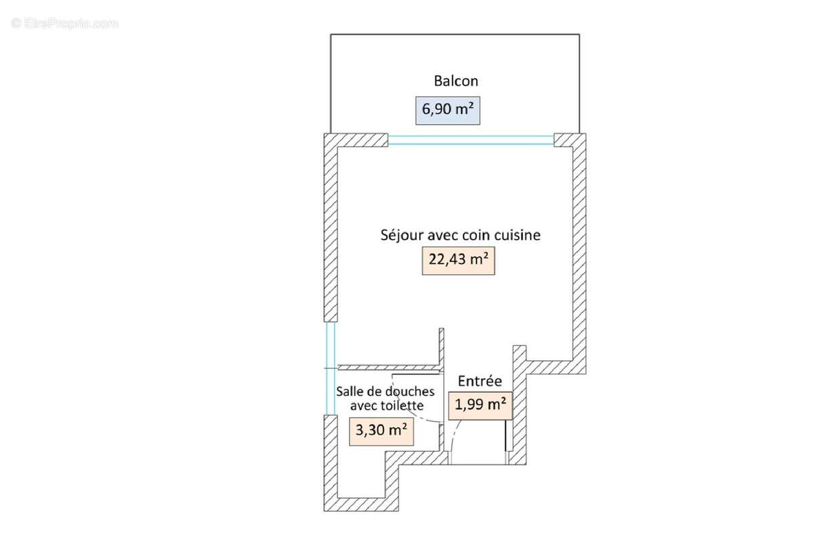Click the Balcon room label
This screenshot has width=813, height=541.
[456, 81]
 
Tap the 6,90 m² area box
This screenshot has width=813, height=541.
[448, 110]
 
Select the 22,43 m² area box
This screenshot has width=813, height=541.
[459, 261]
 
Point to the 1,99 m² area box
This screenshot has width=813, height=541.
[480, 406]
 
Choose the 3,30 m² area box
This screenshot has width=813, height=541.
[381, 431]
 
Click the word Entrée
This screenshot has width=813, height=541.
[480, 381]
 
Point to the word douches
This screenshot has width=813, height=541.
[410, 391]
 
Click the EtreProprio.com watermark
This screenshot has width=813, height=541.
[64, 24]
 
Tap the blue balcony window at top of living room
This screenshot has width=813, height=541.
[471, 140]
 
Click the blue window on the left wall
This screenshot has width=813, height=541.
[331, 368]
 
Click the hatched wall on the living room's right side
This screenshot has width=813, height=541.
[579, 254]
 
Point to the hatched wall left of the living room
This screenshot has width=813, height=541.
[331, 228]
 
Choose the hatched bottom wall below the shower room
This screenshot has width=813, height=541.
[361, 504]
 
